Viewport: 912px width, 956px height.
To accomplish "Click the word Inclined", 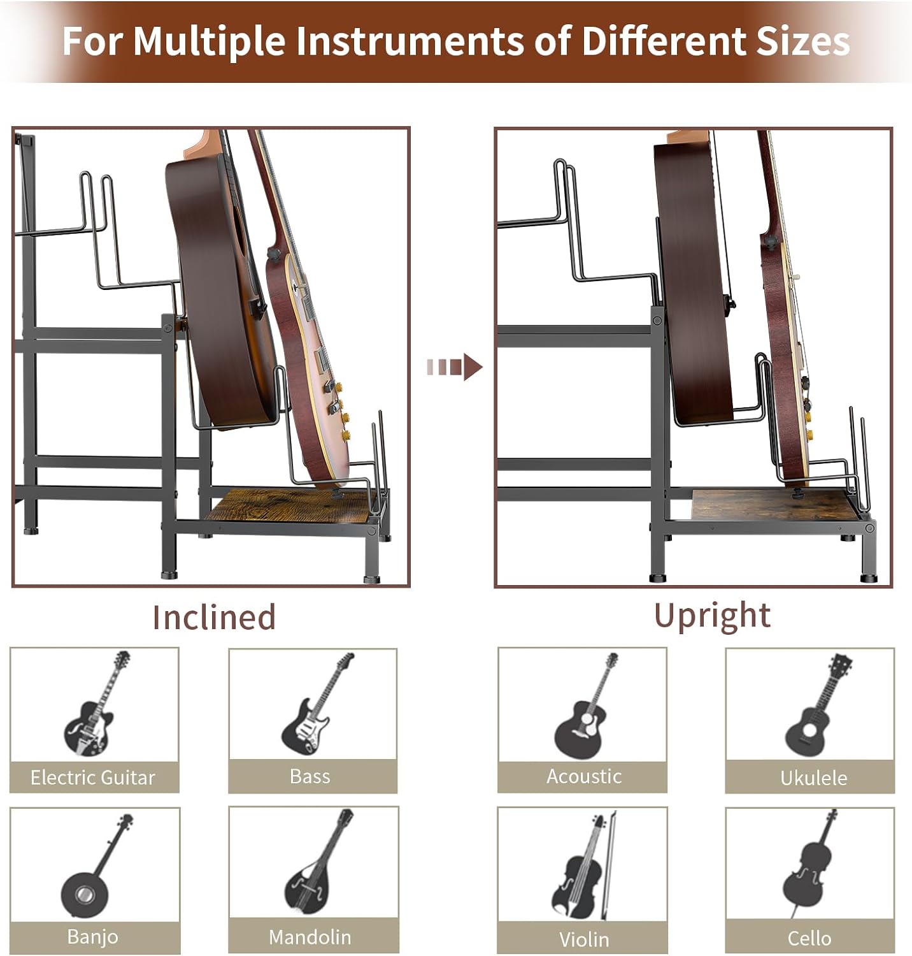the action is pyautogui.click(x=214, y=617).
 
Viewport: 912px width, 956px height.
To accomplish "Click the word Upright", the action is pyautogui.click(x=712, y=616).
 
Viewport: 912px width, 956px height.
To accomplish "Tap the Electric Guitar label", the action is pyautogui.click(x=93, y=778).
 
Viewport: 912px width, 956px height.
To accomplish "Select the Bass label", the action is pyautogui.click(x=310, y=776).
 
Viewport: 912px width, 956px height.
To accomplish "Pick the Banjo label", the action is pyautogui.click(x=93, y=937).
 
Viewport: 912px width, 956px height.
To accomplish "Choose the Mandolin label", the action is pyautogui.click(x=310, y=937).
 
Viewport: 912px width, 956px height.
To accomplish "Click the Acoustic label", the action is pyautogui.click(x=584, y=776).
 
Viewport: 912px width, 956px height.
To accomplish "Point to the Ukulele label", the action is pyautogui.click(x=814, y=778).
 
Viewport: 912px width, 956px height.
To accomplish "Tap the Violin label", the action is pyautogui.click(x=584, y=939).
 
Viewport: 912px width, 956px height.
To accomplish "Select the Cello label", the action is pyautogui.click(x=809, y=938).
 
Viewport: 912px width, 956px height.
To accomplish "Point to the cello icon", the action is pyautogui.click(x=808, y=864).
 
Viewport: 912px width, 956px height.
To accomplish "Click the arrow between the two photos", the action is pyautogui.click(x=455, y=367).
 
